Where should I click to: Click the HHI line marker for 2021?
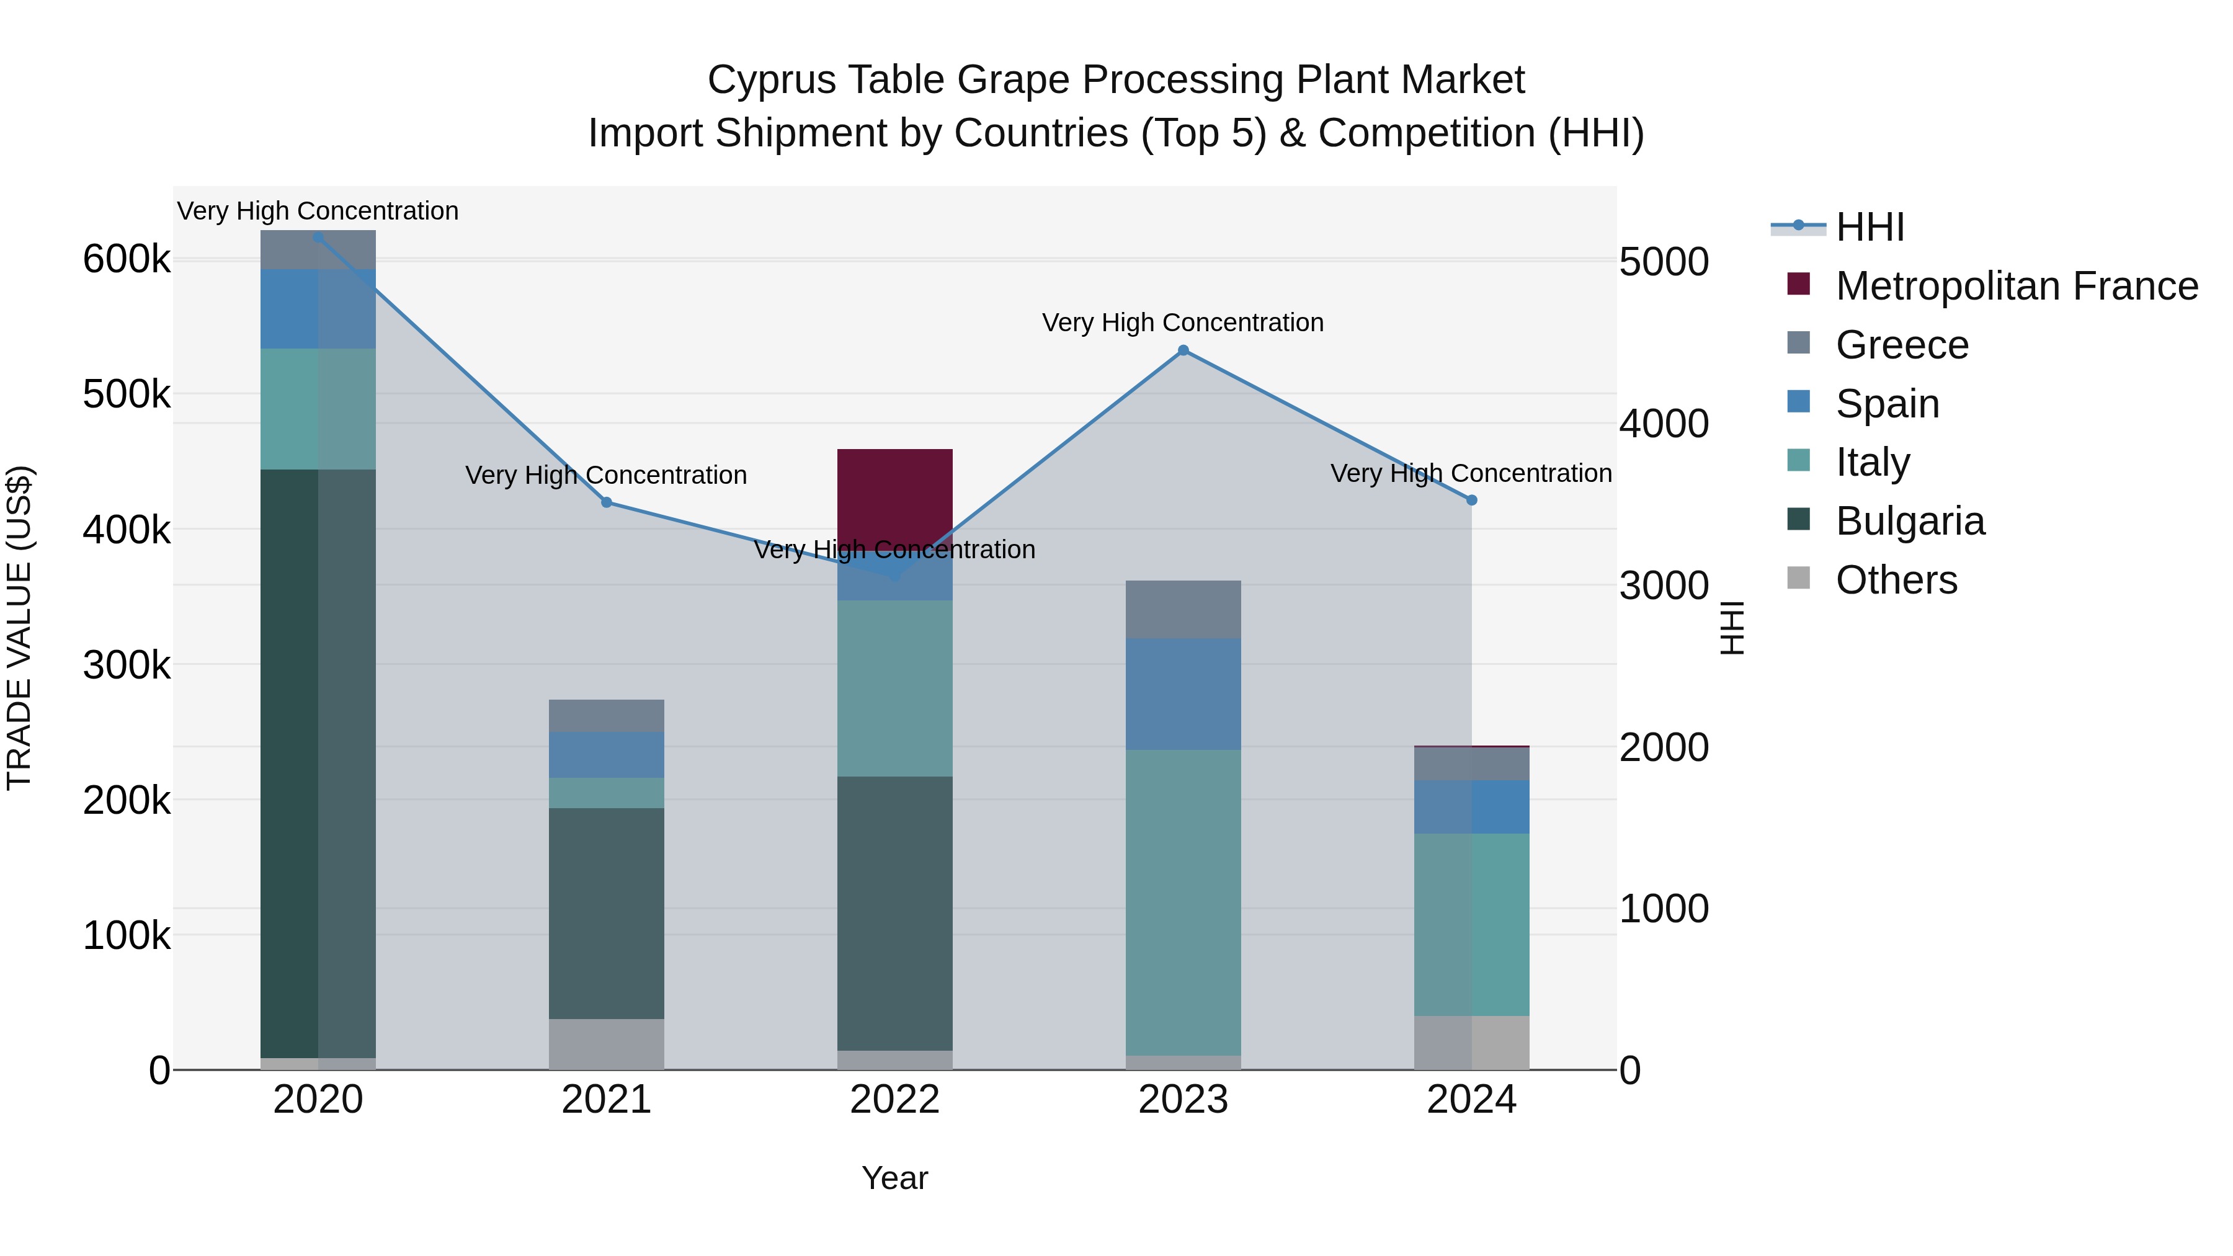[606, 502]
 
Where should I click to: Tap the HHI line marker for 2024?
[1471, 500]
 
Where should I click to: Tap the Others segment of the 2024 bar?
[1471, 1042]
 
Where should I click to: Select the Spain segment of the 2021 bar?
[606, 754]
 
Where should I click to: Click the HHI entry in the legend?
[1869, 227]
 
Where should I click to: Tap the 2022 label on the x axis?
[894, 1100]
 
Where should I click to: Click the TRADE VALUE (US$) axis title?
[19, 628]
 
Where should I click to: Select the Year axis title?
[894, 1178]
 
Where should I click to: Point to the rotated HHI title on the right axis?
[1731, 628]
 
